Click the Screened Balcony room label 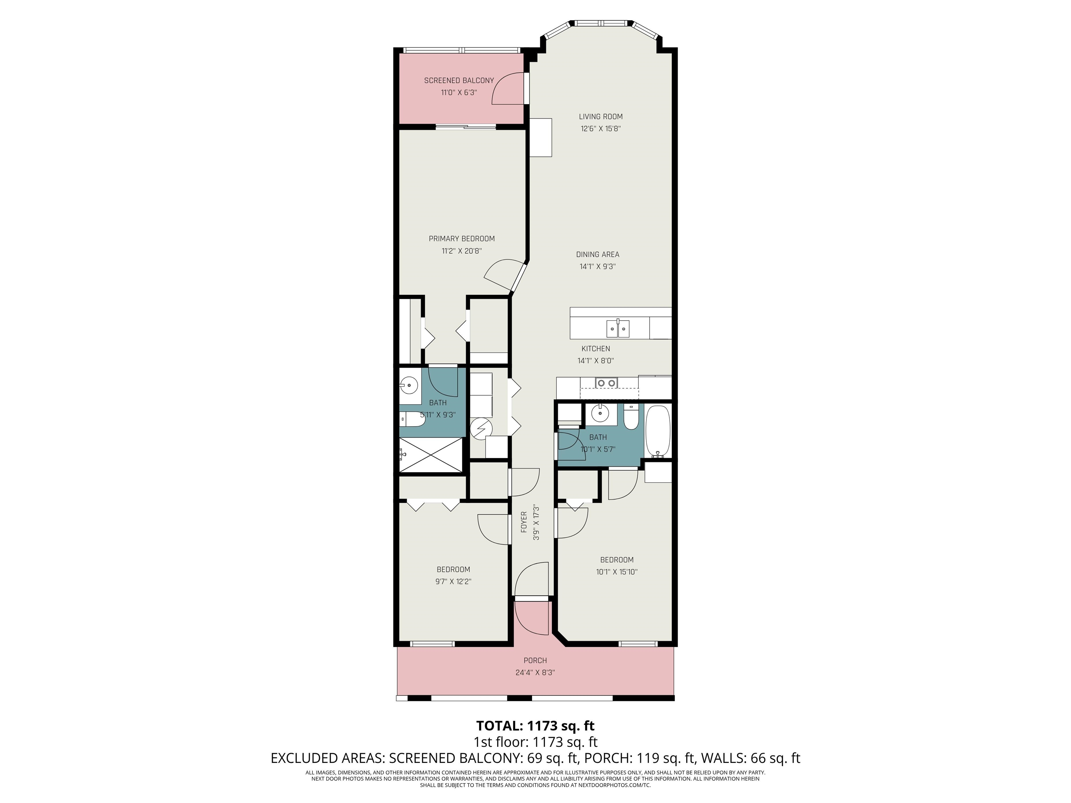(458, 81)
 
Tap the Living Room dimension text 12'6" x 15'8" (600, 129)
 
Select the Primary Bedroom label (462, 239)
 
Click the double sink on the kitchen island (618, 329)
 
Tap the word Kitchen (595, 349)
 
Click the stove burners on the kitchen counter (607, 383)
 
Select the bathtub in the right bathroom (658, 431)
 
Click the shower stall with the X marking (431, 454)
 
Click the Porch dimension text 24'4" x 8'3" (535, 673)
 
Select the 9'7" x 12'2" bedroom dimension (453, 581)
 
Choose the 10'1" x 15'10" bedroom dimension (616, 572)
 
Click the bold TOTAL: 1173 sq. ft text (535, 726)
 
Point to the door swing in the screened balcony (508, 89)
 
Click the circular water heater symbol (481, 429)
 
